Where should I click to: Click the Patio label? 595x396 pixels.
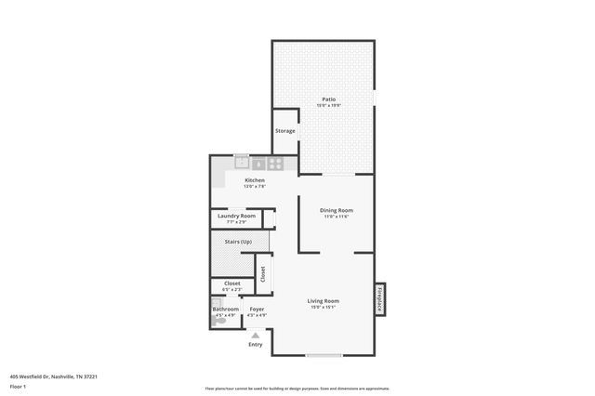point(328,99)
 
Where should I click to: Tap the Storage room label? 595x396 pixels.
point(285,131)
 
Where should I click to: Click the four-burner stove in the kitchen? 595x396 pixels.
point(276,164)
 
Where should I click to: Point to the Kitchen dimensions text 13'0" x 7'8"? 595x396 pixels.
point(255,187)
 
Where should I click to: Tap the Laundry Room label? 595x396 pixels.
point(237,216)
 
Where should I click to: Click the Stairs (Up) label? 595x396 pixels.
point(239,243)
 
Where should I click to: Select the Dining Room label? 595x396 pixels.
point(336,210)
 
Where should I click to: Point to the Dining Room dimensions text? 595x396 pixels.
point(336,217)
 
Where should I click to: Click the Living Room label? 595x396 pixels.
point(324,300)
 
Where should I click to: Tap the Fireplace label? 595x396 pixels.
point(380,299)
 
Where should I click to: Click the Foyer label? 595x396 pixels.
point(257,309)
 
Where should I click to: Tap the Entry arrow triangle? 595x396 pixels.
point(255,334)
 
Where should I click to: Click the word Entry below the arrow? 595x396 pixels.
point(255,345)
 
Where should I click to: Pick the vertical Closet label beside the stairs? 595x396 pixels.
point(262,273)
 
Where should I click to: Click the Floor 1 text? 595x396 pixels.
point(18,386)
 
